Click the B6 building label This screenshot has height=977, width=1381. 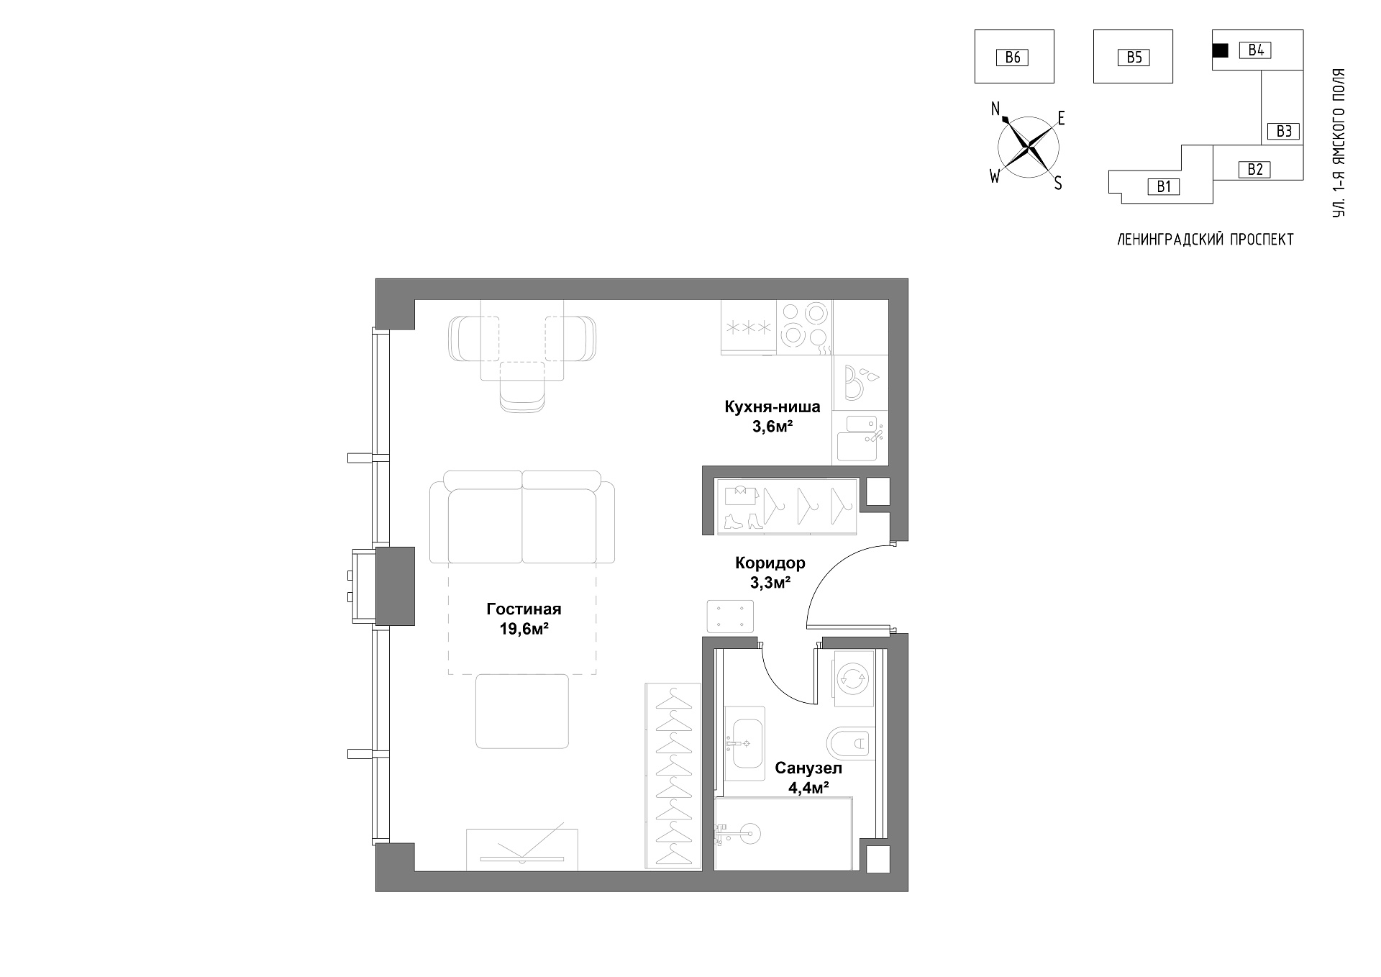click(x=1012, y=57)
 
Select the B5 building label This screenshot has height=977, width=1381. click(x=1134, y=57)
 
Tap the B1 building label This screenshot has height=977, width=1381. click(x=1164, y=187)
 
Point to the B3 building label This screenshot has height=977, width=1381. click(x=1284, y=131)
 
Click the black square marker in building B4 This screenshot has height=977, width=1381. click(x=1220, y=50)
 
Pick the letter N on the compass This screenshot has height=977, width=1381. click(x=995, y=109)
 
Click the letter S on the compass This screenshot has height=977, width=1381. click(x=1058, y=184)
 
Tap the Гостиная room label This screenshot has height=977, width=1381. click(x=524, y=609)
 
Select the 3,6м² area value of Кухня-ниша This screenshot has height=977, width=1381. click(x=772, y=427)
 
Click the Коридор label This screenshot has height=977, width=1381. click(x=770, y=563)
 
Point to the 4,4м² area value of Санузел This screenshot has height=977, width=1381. click(x=808, y=788)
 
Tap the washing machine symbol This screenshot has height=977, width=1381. click(x=853, y=678)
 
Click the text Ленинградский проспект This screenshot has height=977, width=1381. click(x=1205, y=240)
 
